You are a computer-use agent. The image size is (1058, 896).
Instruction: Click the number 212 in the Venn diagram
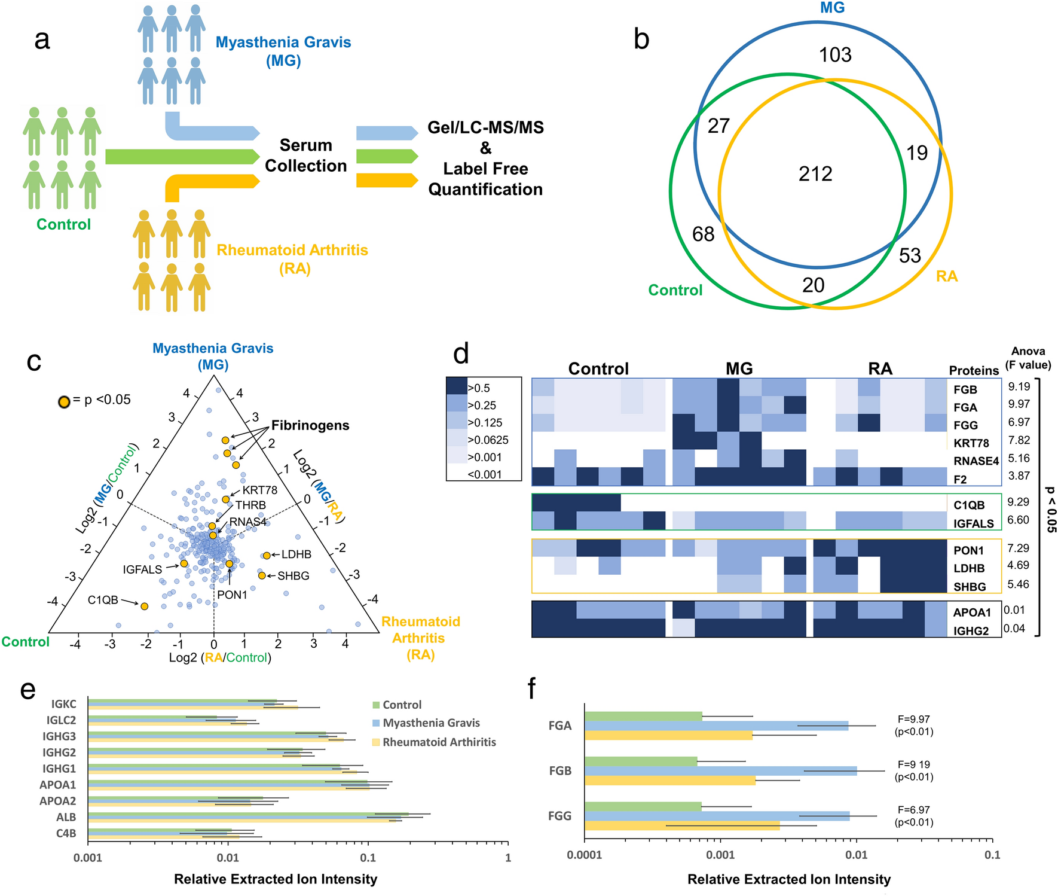(815, 174)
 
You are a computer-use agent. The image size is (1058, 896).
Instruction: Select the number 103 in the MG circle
(835, 55)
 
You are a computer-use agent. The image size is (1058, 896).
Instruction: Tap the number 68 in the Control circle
(703, 234)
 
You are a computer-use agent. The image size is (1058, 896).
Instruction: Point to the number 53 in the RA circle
(910, 256)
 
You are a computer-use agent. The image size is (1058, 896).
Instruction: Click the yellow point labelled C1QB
(144, 606)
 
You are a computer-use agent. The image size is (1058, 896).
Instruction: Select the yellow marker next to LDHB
(267, 555)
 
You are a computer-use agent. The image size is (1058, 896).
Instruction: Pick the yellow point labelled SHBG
(261, 575)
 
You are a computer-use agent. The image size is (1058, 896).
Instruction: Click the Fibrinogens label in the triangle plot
(310, 426)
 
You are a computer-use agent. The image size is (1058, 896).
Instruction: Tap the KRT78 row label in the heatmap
(971, 443)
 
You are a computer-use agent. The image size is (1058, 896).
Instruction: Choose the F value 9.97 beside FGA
(1019, 405)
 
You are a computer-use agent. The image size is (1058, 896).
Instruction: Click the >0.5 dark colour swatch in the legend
(457, 387)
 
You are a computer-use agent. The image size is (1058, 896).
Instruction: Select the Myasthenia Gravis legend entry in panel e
(431, 723)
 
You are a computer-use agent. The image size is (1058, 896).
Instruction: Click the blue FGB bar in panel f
(720, 771)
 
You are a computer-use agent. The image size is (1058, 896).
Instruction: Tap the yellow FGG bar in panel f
(682, 825)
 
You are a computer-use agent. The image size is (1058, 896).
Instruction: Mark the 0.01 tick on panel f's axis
(856, 855)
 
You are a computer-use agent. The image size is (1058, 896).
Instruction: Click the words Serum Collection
(305, 156)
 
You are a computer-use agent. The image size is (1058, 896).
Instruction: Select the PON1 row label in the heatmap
(968, 550)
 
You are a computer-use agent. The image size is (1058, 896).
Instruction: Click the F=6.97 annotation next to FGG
(913, 810)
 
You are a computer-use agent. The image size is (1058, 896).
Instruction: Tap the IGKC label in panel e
(63, 705)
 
